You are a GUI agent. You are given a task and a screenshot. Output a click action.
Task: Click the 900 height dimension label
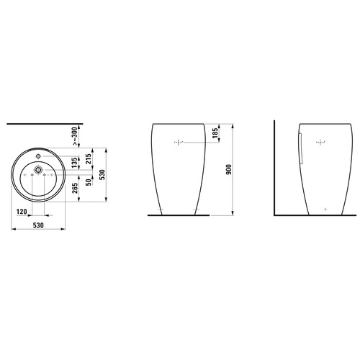coord(230,169)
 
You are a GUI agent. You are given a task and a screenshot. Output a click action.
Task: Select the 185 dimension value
coord(215,133)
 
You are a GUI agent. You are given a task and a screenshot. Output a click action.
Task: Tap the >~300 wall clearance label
coord(75,136)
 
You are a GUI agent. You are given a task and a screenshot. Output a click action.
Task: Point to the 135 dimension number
coord(75,163)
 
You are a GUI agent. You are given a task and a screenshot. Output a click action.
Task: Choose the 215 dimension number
coord(89,159)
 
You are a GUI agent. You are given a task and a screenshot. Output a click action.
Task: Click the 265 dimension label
coord(75,189)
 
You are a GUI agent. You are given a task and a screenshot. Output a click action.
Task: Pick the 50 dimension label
coord(89,182)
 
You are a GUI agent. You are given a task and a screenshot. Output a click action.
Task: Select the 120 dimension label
coord(22,212)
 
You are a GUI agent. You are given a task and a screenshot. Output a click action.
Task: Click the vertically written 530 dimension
coord(102,175)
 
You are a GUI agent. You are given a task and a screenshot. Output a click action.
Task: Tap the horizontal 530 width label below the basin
coord(38,225)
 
